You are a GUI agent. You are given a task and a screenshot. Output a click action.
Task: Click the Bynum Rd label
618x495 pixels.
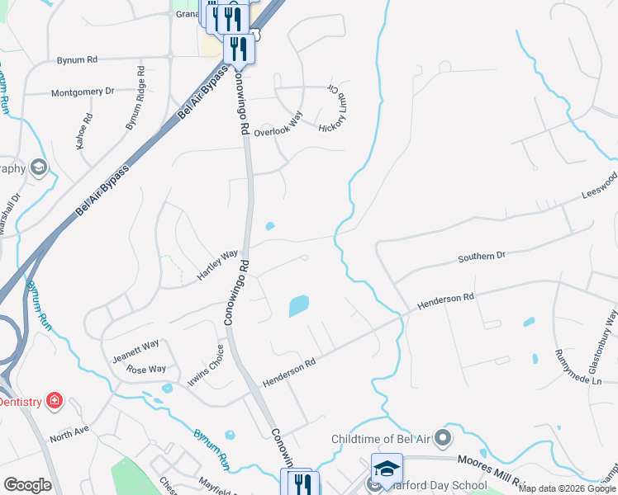pos(77,60)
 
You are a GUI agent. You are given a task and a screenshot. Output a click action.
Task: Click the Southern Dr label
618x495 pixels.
pos(481,257)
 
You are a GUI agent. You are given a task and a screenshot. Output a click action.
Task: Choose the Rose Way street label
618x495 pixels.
pos(146,369)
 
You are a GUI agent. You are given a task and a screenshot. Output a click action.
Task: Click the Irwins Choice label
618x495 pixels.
pos(206,365)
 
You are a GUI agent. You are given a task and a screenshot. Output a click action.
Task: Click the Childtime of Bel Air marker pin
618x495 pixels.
pos(444,438)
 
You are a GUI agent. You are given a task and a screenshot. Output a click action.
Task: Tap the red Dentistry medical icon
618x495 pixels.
pos(55,401)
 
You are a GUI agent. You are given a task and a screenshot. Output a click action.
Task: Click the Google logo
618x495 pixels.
pos(27,485)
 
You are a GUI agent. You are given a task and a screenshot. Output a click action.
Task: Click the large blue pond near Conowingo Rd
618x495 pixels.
pos(298,306)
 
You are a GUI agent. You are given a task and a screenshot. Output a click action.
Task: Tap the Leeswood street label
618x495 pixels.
pos(599,188)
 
